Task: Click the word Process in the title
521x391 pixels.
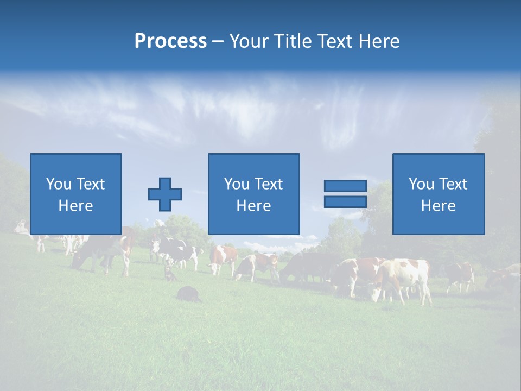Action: pos(170,41)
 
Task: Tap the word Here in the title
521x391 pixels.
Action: pos(378,41)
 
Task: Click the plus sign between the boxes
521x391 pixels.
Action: pos(165,194)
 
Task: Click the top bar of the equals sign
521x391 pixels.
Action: pos(345,186)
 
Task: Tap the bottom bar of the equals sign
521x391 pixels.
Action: pos(345,202)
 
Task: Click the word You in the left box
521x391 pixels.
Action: pos(59,184)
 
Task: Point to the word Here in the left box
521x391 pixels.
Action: pos(75,206)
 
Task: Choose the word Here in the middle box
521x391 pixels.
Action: pos(253,206)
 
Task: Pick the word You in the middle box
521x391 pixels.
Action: pos(237,184)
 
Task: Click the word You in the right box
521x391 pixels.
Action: pos(421,184)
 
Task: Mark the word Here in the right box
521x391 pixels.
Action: pos(438,206)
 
